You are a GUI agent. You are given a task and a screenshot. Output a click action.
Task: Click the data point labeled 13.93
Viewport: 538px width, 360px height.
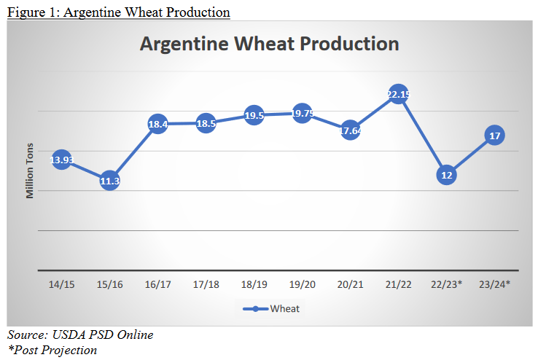(x=61, y=160)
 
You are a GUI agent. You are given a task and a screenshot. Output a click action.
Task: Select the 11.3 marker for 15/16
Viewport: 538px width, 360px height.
(x=109, y=180)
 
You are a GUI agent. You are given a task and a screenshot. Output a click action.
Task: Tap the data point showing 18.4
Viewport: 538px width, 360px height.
(x=157, y=124)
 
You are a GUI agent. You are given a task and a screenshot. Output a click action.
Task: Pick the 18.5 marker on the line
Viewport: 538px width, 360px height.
(x=206, y=123)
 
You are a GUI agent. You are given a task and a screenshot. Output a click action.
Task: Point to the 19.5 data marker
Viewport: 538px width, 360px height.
(x=254, y=115)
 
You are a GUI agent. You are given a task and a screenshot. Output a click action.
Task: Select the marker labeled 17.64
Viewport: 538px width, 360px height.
(x=350, y=130)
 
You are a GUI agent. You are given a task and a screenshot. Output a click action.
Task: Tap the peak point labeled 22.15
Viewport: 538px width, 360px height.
(x=398, y=95)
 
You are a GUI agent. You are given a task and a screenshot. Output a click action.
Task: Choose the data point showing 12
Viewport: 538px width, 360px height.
(x=446, y=175)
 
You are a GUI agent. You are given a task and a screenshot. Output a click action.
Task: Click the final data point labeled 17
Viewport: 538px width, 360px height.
(x=494, y=136)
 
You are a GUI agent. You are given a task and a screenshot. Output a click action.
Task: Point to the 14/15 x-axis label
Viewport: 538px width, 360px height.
(x=61, y=283)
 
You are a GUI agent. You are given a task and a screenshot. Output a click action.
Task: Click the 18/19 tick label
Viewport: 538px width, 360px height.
(x=254, y=283)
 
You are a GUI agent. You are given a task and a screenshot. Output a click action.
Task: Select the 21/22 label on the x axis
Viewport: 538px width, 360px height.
(x=398, y=283)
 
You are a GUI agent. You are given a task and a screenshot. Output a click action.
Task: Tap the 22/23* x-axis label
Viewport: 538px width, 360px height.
(x=446, y=283)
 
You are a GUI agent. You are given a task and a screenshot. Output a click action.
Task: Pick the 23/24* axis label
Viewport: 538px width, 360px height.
(x=494, y=283)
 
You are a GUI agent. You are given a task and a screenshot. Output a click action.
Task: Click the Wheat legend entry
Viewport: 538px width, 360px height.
(x=270, y=308)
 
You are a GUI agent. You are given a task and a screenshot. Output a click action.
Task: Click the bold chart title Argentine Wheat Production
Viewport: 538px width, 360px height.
(x=269, y=44)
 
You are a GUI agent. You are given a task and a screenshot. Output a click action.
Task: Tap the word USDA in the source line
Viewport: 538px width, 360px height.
(x=68, y=335)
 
